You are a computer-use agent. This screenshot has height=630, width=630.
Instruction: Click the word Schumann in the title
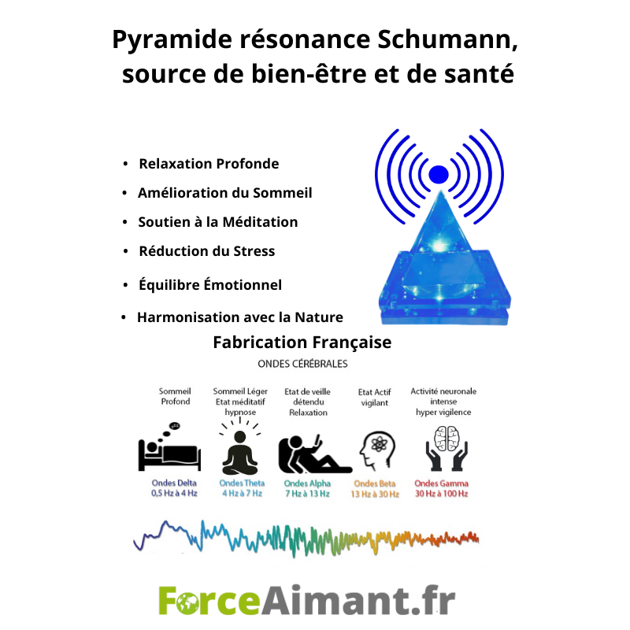coord(447,39)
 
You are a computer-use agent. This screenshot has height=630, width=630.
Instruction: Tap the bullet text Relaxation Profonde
coord(209,164)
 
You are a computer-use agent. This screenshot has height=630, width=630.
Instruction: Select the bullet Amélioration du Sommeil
coord(225,193)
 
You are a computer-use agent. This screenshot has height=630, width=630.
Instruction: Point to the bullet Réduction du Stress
coord(207,251)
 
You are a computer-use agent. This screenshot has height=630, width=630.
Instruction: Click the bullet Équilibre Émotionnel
coord(210,284)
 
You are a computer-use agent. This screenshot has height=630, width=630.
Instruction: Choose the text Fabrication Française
coord(302,343)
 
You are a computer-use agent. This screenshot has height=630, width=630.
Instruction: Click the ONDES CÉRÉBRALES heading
coord(302,364)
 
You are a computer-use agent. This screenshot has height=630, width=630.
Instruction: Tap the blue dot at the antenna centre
coord(439,174)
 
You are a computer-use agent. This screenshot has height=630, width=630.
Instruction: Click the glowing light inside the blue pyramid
coord(439,245)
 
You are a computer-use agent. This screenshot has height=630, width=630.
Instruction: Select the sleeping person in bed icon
coord(169,447)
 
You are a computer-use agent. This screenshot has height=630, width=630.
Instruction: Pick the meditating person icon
coord(240,446)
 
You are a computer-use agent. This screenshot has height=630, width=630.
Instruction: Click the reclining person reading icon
coord(315,454)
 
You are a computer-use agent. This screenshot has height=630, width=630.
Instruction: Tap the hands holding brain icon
coord(447,448)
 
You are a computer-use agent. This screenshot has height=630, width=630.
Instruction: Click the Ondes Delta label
coord(174,483)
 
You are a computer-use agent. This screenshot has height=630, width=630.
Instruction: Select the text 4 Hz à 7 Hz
coord(243,494)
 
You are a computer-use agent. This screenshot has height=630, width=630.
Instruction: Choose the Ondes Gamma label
coord(442,484)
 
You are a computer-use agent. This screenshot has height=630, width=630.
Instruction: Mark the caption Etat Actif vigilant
coord(375,398)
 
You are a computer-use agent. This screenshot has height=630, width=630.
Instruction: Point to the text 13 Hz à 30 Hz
coord(375,495)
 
